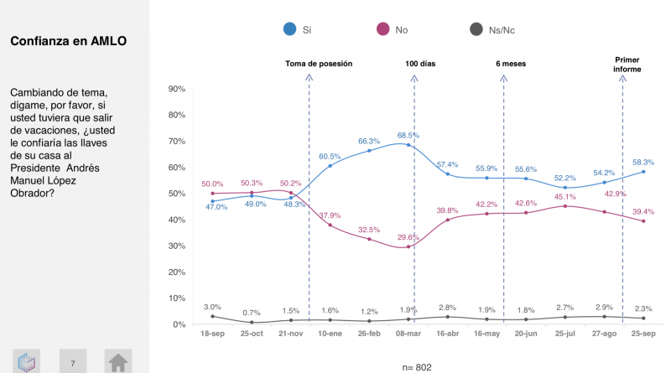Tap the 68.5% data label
[x=408, y=135]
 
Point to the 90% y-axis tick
[x=176, y=88]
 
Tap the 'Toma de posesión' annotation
[x=318, y=64]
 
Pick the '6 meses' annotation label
[x=510, y=64]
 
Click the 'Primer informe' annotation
[x=627, y=65]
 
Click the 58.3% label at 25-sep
[x=643, y=162]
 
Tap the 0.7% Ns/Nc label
[x=251, y=312]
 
